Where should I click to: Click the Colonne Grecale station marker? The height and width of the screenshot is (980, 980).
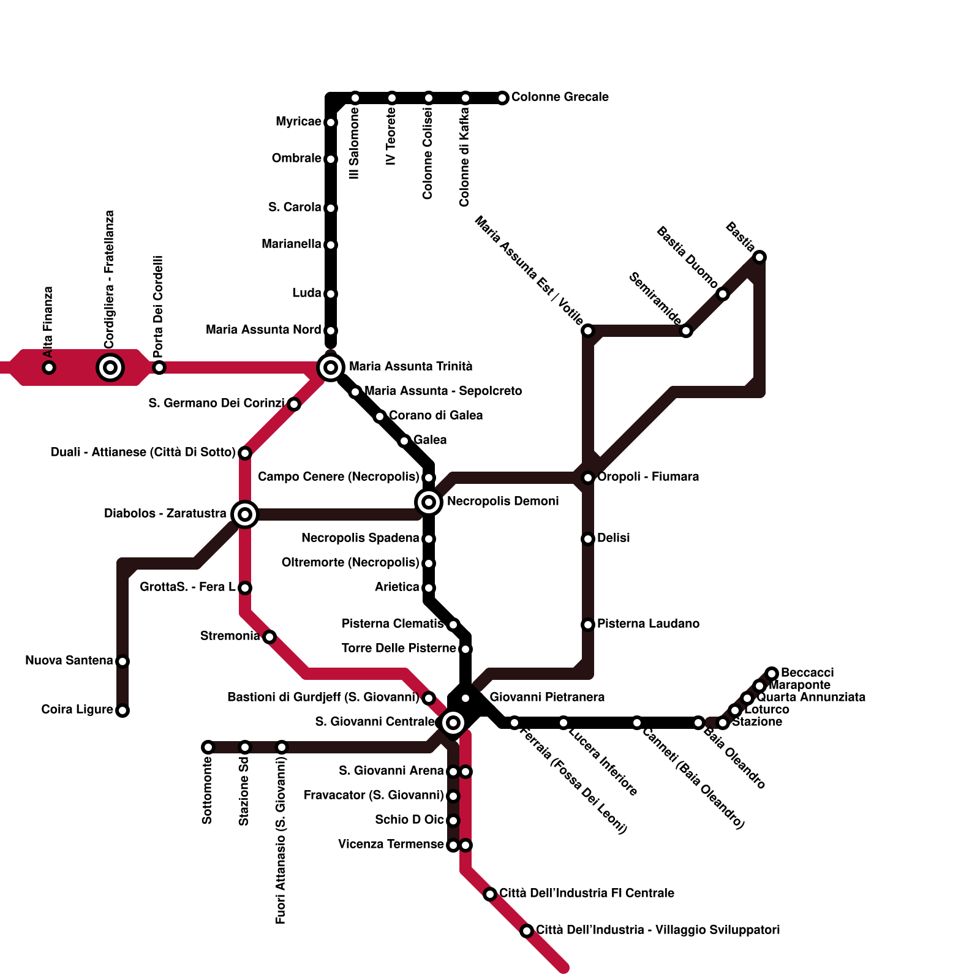click(x=502, y=98)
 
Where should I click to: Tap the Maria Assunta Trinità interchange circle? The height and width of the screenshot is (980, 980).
click(x=331, y=367)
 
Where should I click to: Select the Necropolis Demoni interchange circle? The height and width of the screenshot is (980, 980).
click(x=429, y=502)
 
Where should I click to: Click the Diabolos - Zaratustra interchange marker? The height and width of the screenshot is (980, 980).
click(x=245, y=514)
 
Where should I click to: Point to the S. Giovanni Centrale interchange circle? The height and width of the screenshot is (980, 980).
click(x=453, y=723)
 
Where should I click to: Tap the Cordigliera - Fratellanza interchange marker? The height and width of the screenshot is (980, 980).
click(x=110, y=367)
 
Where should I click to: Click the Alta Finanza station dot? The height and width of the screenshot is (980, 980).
click(x=49, y=367)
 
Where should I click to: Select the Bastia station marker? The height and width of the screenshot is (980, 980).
click(x=759, y=257)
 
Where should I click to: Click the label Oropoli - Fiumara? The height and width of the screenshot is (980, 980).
click(x=648, y=477)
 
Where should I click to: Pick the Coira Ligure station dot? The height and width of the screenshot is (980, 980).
click(x=123, y=710)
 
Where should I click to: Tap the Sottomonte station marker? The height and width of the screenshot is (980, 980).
click(x=208, y=747)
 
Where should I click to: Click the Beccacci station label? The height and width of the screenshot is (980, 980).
click(x=807, y=673)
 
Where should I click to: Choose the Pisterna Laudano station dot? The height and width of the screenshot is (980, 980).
click(x=588, y=625)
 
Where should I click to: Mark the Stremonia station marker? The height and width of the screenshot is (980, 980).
click(x=269, y=637)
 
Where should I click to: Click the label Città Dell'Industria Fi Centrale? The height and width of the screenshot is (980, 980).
click(x=587, y=893)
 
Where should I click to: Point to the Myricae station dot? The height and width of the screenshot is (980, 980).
click(x=331, y=123)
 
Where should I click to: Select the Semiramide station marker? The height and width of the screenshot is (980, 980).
click(x=686, y=331)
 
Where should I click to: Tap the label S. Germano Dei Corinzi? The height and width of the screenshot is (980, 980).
click(x=216, y=403)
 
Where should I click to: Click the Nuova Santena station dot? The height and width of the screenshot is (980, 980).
click(x=123, y=661)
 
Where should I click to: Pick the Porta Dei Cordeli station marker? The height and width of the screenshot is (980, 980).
click(x=159, y=367)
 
